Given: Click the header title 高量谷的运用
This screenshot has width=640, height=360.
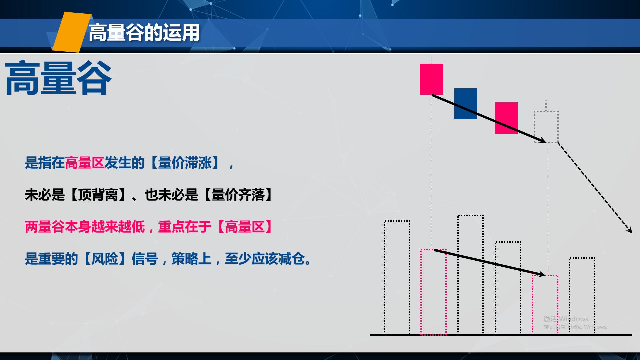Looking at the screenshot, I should pos(144,33).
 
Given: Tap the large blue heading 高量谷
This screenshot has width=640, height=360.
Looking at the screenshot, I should pos(58,78).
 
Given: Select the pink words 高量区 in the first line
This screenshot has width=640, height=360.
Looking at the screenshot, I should pos(85,163).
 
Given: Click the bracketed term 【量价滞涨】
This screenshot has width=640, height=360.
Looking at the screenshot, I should pos(185,163).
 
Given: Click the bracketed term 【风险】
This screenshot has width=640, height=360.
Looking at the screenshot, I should pos(105,259).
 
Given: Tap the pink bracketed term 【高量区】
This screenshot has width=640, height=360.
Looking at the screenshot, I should pos(245,227).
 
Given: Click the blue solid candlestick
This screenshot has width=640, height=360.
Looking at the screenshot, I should pos(466,104).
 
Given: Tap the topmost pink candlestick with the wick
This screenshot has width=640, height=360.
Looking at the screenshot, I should pos(432,79).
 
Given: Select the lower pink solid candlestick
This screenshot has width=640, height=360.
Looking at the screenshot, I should pos(506,118).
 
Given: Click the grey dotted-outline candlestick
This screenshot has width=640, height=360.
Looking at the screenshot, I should pos(546,127).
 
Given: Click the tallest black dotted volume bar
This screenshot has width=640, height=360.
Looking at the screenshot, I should pos(471,274).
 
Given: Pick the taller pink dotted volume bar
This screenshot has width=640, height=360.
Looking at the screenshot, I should pos(433,292).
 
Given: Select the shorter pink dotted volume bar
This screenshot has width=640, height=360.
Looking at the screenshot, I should pos(545,304).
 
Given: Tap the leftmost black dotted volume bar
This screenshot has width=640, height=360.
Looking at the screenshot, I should pos(397,277).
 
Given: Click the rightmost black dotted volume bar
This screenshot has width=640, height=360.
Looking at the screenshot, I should pos(582,295).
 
